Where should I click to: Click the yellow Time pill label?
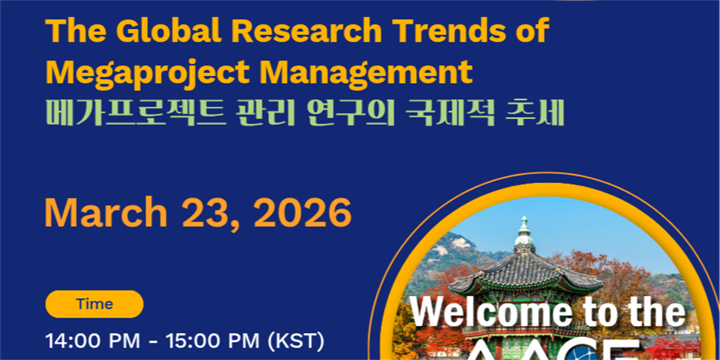pos(94,304)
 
